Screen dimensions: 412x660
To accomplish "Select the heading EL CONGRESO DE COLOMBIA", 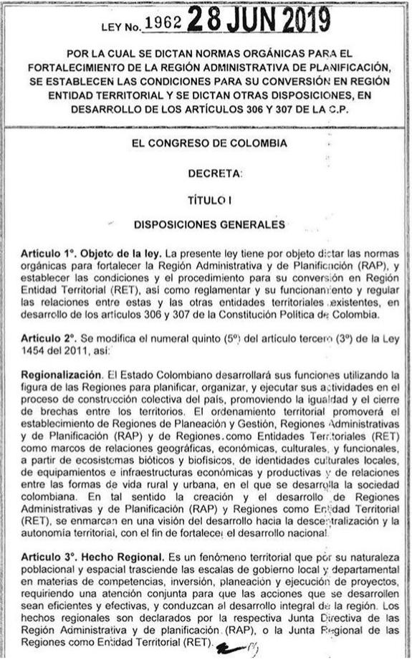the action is click(205, 143).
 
